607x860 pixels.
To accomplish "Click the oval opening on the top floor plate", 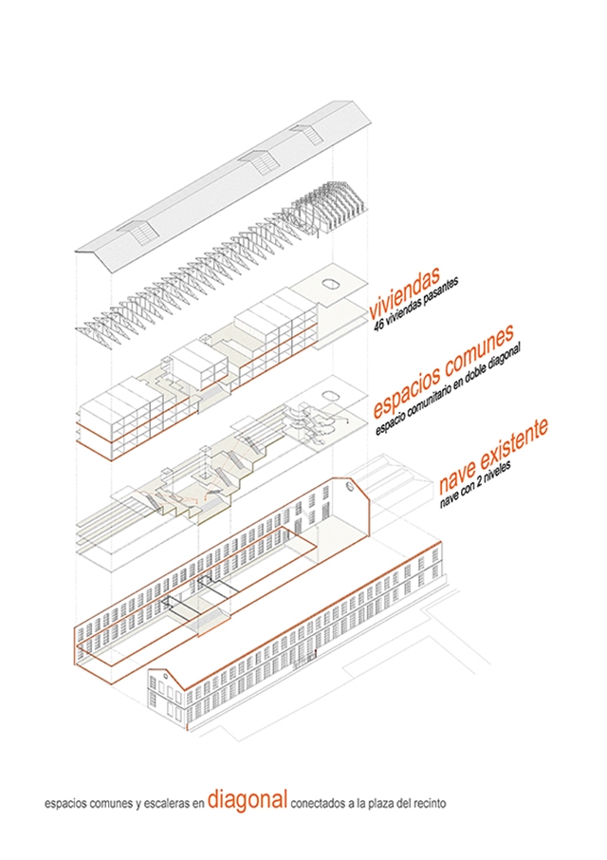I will click(x=334, y=281).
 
